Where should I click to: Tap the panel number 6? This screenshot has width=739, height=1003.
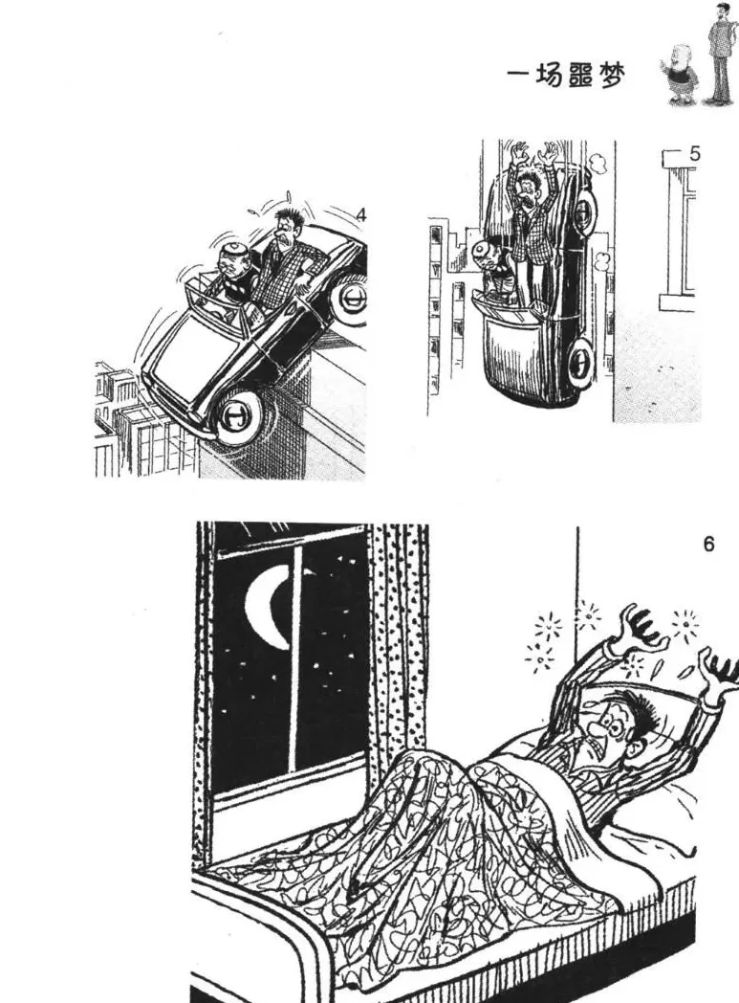click(708, 545)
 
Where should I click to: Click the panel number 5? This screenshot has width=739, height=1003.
click(695, 154)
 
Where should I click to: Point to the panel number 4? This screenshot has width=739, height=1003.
click(361, 215)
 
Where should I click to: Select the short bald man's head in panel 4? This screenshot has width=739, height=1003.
click(230, 261)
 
